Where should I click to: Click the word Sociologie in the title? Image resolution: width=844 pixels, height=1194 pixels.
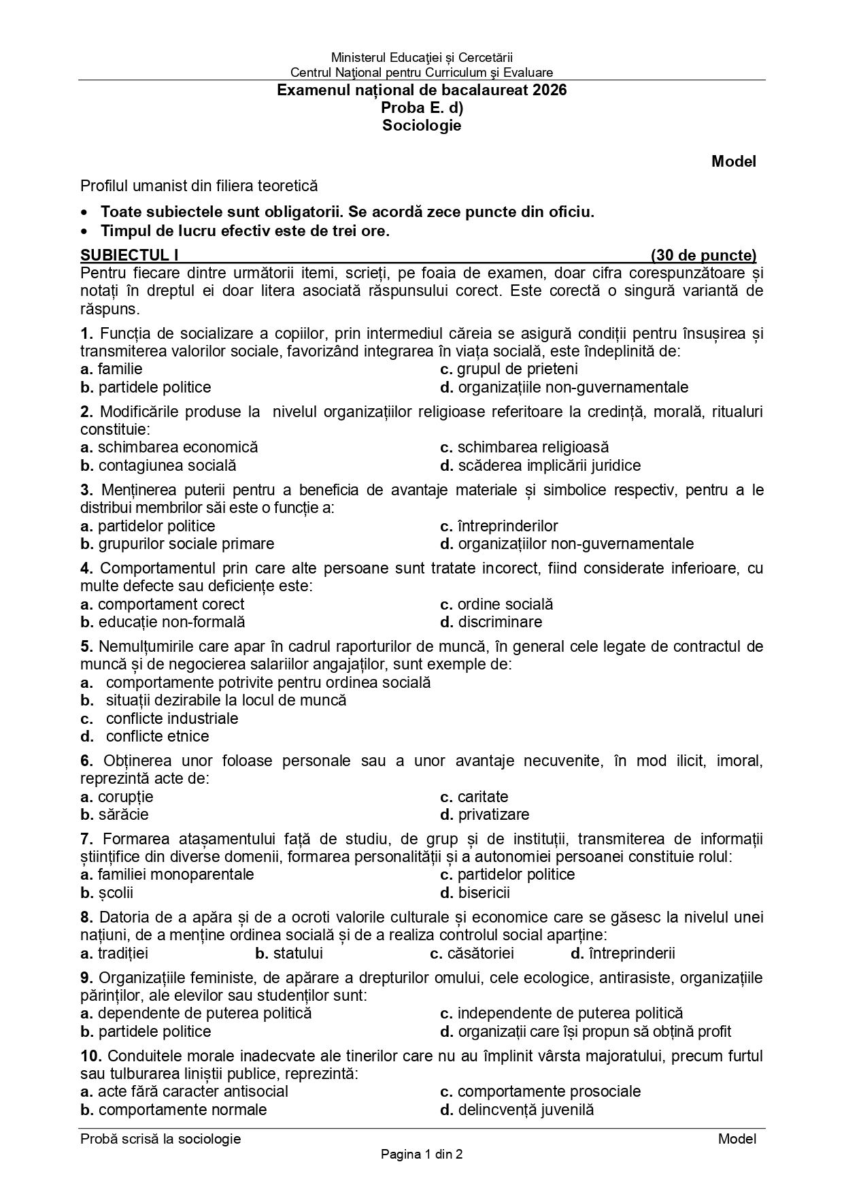click(422, 125)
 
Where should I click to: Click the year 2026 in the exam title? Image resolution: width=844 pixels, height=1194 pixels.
click(550, 90)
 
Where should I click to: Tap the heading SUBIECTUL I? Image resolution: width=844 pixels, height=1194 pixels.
click(129, 255)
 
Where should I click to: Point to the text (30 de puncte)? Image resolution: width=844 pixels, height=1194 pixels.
click(703, 255)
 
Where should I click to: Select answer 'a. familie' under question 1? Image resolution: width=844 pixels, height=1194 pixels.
click(112, 369)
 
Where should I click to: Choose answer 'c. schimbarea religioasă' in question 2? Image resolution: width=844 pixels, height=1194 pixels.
click(524, 447)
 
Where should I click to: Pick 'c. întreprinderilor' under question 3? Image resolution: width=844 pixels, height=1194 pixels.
click(499, 526)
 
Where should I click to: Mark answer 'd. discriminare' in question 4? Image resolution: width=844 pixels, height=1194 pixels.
click(491, 622)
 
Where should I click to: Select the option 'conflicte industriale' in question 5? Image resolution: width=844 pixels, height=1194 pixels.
click(171, 718)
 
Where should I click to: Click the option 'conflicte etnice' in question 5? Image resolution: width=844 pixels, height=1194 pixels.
click(157, 736)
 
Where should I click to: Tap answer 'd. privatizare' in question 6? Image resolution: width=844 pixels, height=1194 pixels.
click(484, 814)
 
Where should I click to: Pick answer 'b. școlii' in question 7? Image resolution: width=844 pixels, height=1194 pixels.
click(107, 893)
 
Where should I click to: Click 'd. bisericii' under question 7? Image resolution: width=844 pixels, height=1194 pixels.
click(475, 893)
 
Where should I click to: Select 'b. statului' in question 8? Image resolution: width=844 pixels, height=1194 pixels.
click(289, 953)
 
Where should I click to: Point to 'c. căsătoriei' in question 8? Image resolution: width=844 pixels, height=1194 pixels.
click(472, 953)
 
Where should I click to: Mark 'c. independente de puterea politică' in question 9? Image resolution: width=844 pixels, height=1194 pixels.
click(561, 1013)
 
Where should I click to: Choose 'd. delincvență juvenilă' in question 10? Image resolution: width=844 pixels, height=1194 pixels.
click(517, 1110)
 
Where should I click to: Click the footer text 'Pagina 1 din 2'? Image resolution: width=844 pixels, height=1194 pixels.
click(422, 1154)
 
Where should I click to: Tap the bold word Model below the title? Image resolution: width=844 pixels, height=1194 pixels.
click(733, 161)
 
